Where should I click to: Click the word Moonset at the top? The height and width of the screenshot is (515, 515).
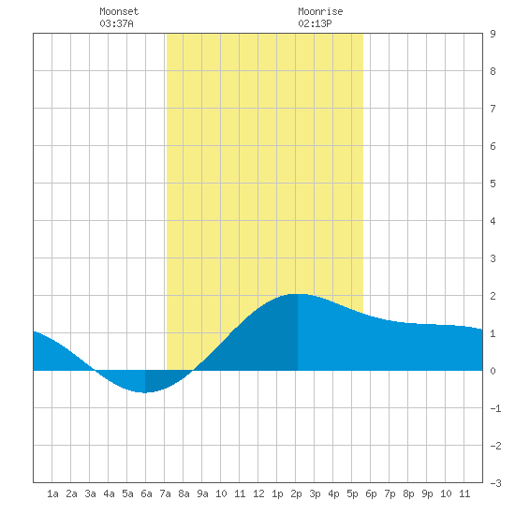pos(119,11)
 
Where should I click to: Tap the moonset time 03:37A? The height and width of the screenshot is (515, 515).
pos(116,23)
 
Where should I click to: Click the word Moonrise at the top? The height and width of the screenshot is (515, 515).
pos(320,11)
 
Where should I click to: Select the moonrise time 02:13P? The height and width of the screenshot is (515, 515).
pos(315,23)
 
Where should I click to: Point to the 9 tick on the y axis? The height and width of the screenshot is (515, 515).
pos(493,34)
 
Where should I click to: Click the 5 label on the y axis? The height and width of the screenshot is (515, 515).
pos(493,184)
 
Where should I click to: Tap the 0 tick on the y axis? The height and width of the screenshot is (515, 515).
pos(493,371)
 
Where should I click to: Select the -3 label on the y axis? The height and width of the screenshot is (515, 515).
pos(495,483)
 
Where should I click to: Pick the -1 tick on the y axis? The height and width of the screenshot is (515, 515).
pos(495,408)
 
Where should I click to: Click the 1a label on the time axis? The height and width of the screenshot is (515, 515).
pos(52,493)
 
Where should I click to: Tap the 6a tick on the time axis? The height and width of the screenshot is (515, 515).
pos(146,493)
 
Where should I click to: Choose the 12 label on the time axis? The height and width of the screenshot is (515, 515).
pos(258,493)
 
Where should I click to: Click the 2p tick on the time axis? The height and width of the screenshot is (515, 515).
pos(296,493)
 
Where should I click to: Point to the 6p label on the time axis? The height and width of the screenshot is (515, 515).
pos(371,493)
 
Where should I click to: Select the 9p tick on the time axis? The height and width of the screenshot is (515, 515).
pos(427,493)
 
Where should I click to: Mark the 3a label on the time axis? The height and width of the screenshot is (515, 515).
pos(90,493)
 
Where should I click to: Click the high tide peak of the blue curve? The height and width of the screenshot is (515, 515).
pos(298,294)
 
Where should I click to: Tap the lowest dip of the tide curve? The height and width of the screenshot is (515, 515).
pos(145,392)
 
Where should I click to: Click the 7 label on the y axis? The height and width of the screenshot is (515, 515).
pos(493,109)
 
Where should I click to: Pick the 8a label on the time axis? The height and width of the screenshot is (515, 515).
pos(184,493)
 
